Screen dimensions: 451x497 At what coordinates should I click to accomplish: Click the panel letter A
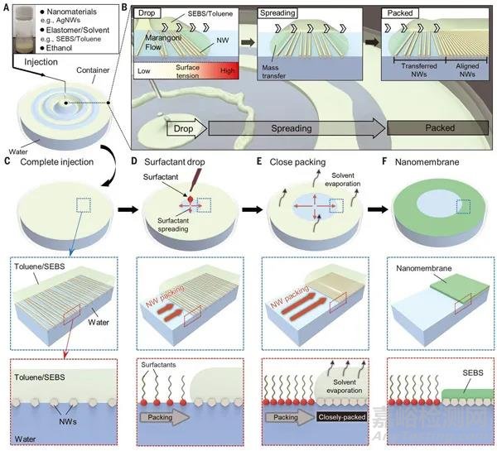(7, 7)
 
